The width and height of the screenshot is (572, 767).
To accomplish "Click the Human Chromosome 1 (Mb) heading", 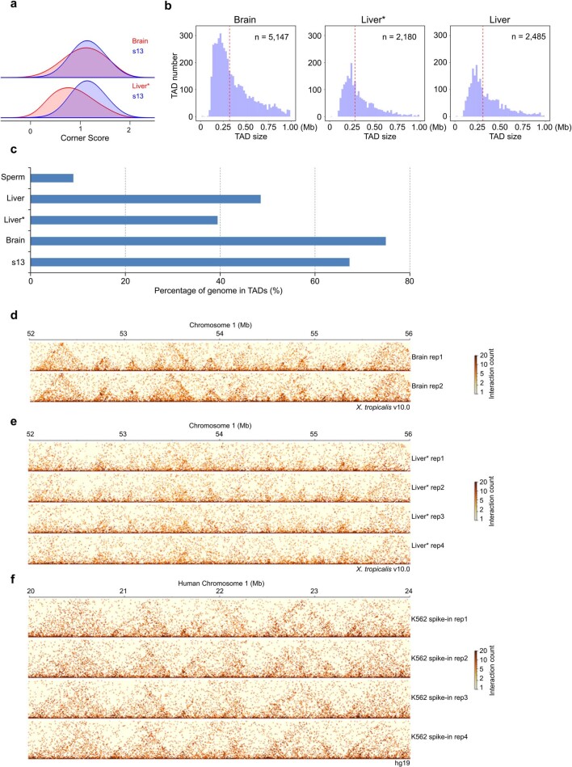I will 219,583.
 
